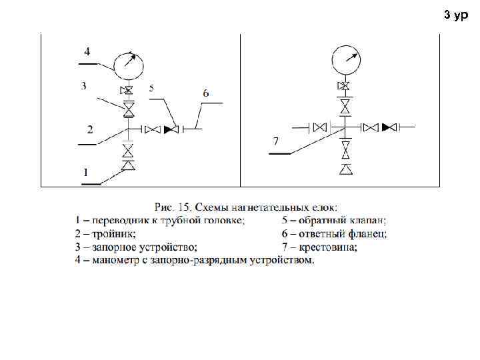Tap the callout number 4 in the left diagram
click(87, 51)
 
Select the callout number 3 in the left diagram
click(84, 86)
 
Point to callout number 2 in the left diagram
click(90, 129)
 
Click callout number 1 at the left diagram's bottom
click(86, 172)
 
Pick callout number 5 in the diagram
click(152, 88)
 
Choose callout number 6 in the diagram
click(205, 93)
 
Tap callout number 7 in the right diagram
click(275, 141)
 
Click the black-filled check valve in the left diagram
click(171, 129)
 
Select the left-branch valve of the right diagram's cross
click(321, 127)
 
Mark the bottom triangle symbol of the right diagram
click(345, 170)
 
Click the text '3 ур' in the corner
click(456, 14)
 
